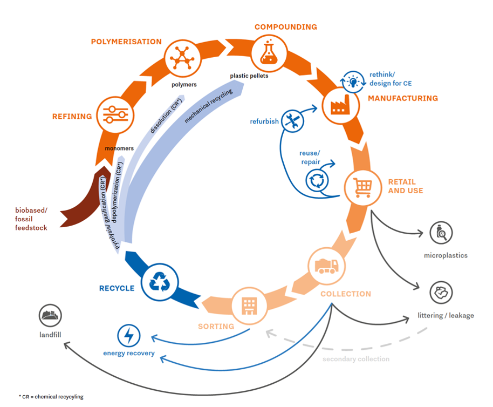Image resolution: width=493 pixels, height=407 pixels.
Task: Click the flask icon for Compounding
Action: coord(267,52)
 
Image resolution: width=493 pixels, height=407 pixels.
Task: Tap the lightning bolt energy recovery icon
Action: coord(129,336)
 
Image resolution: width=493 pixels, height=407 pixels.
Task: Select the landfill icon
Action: coord(50,316)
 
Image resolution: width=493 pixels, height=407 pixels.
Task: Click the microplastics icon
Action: coord(441,233)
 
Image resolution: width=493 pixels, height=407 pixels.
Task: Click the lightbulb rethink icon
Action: coord(354,82)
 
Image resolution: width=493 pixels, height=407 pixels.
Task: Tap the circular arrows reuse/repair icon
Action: coord(317,180)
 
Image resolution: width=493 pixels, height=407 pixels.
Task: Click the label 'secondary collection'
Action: coord(356,359)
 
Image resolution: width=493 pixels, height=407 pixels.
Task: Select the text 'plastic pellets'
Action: coord(249,76)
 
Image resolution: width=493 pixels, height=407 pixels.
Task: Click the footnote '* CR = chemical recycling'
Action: coord(51,397)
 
